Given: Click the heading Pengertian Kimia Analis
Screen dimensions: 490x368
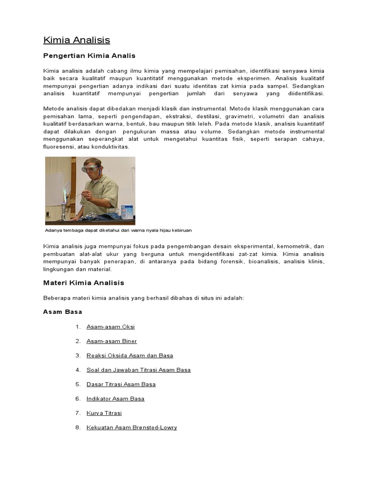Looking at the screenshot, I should click(x=89, y=56).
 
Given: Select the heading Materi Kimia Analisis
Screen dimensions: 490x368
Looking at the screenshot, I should click(x=83, y=283).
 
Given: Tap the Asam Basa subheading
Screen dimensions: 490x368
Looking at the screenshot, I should click(x=62, y=312).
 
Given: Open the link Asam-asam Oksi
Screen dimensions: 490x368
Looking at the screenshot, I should click(x=110, y=327).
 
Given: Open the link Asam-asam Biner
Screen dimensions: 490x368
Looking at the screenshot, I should click(x=112, y=341).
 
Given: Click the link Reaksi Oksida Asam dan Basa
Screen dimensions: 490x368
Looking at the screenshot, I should click(x=129, y=356).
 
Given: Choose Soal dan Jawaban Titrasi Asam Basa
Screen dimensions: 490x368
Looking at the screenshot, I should click(x=138, y=370).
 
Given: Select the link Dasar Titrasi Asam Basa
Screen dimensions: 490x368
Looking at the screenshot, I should click(x=121, y=384).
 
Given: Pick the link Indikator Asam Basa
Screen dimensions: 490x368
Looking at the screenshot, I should click(x=115, y=399).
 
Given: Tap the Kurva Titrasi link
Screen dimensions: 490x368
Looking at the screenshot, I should click(x=101, y=413).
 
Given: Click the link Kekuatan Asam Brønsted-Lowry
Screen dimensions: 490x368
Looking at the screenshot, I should click(x=131, y=427).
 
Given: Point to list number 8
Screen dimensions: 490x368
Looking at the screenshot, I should click(x=78, y=427).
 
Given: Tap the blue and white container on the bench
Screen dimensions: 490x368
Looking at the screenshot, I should click(x=127, y=211).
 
